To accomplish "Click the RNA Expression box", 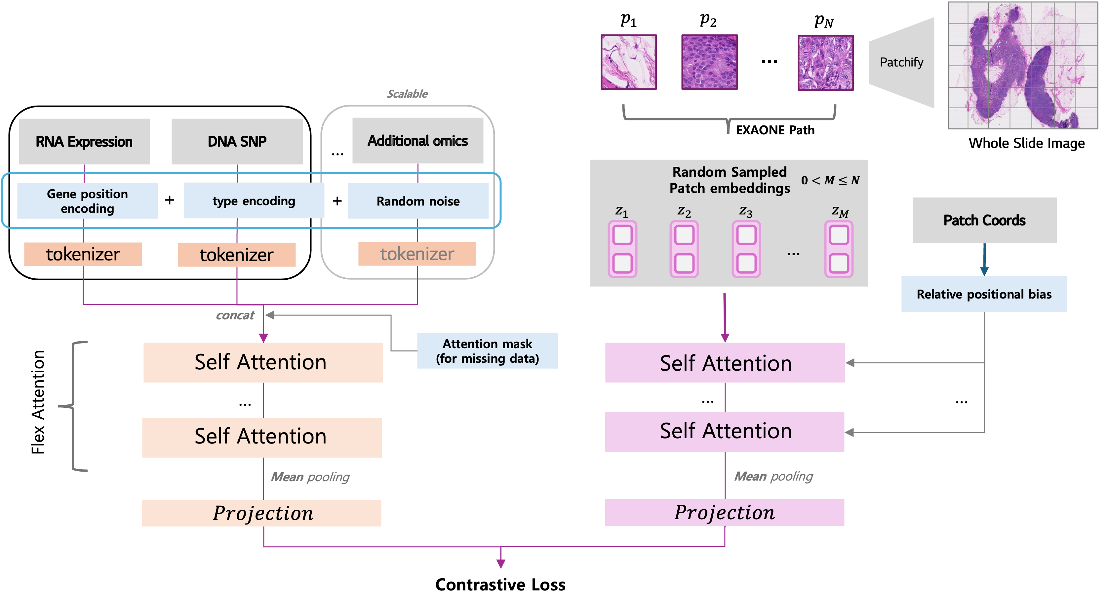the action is point(84,141).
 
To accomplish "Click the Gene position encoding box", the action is point(87,201).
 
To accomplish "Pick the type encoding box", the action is point(254,201).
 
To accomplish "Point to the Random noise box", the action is point(418,201).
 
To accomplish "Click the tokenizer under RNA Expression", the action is point(83,254).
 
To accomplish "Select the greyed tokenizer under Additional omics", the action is point(417,254).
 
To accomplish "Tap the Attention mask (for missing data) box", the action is point(487,351).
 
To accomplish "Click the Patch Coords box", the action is point(985,220).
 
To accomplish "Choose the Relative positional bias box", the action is point(984,294).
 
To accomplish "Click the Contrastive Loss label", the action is point(500,585).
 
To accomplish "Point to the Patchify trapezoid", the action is point(901,63).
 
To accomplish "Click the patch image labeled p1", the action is point(629,62).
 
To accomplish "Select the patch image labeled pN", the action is point(826,63).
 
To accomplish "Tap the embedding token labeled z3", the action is point(746,249).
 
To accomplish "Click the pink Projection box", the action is point(725,512).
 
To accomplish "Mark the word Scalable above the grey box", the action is point(407,94).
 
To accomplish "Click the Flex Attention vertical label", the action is point(38,402).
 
